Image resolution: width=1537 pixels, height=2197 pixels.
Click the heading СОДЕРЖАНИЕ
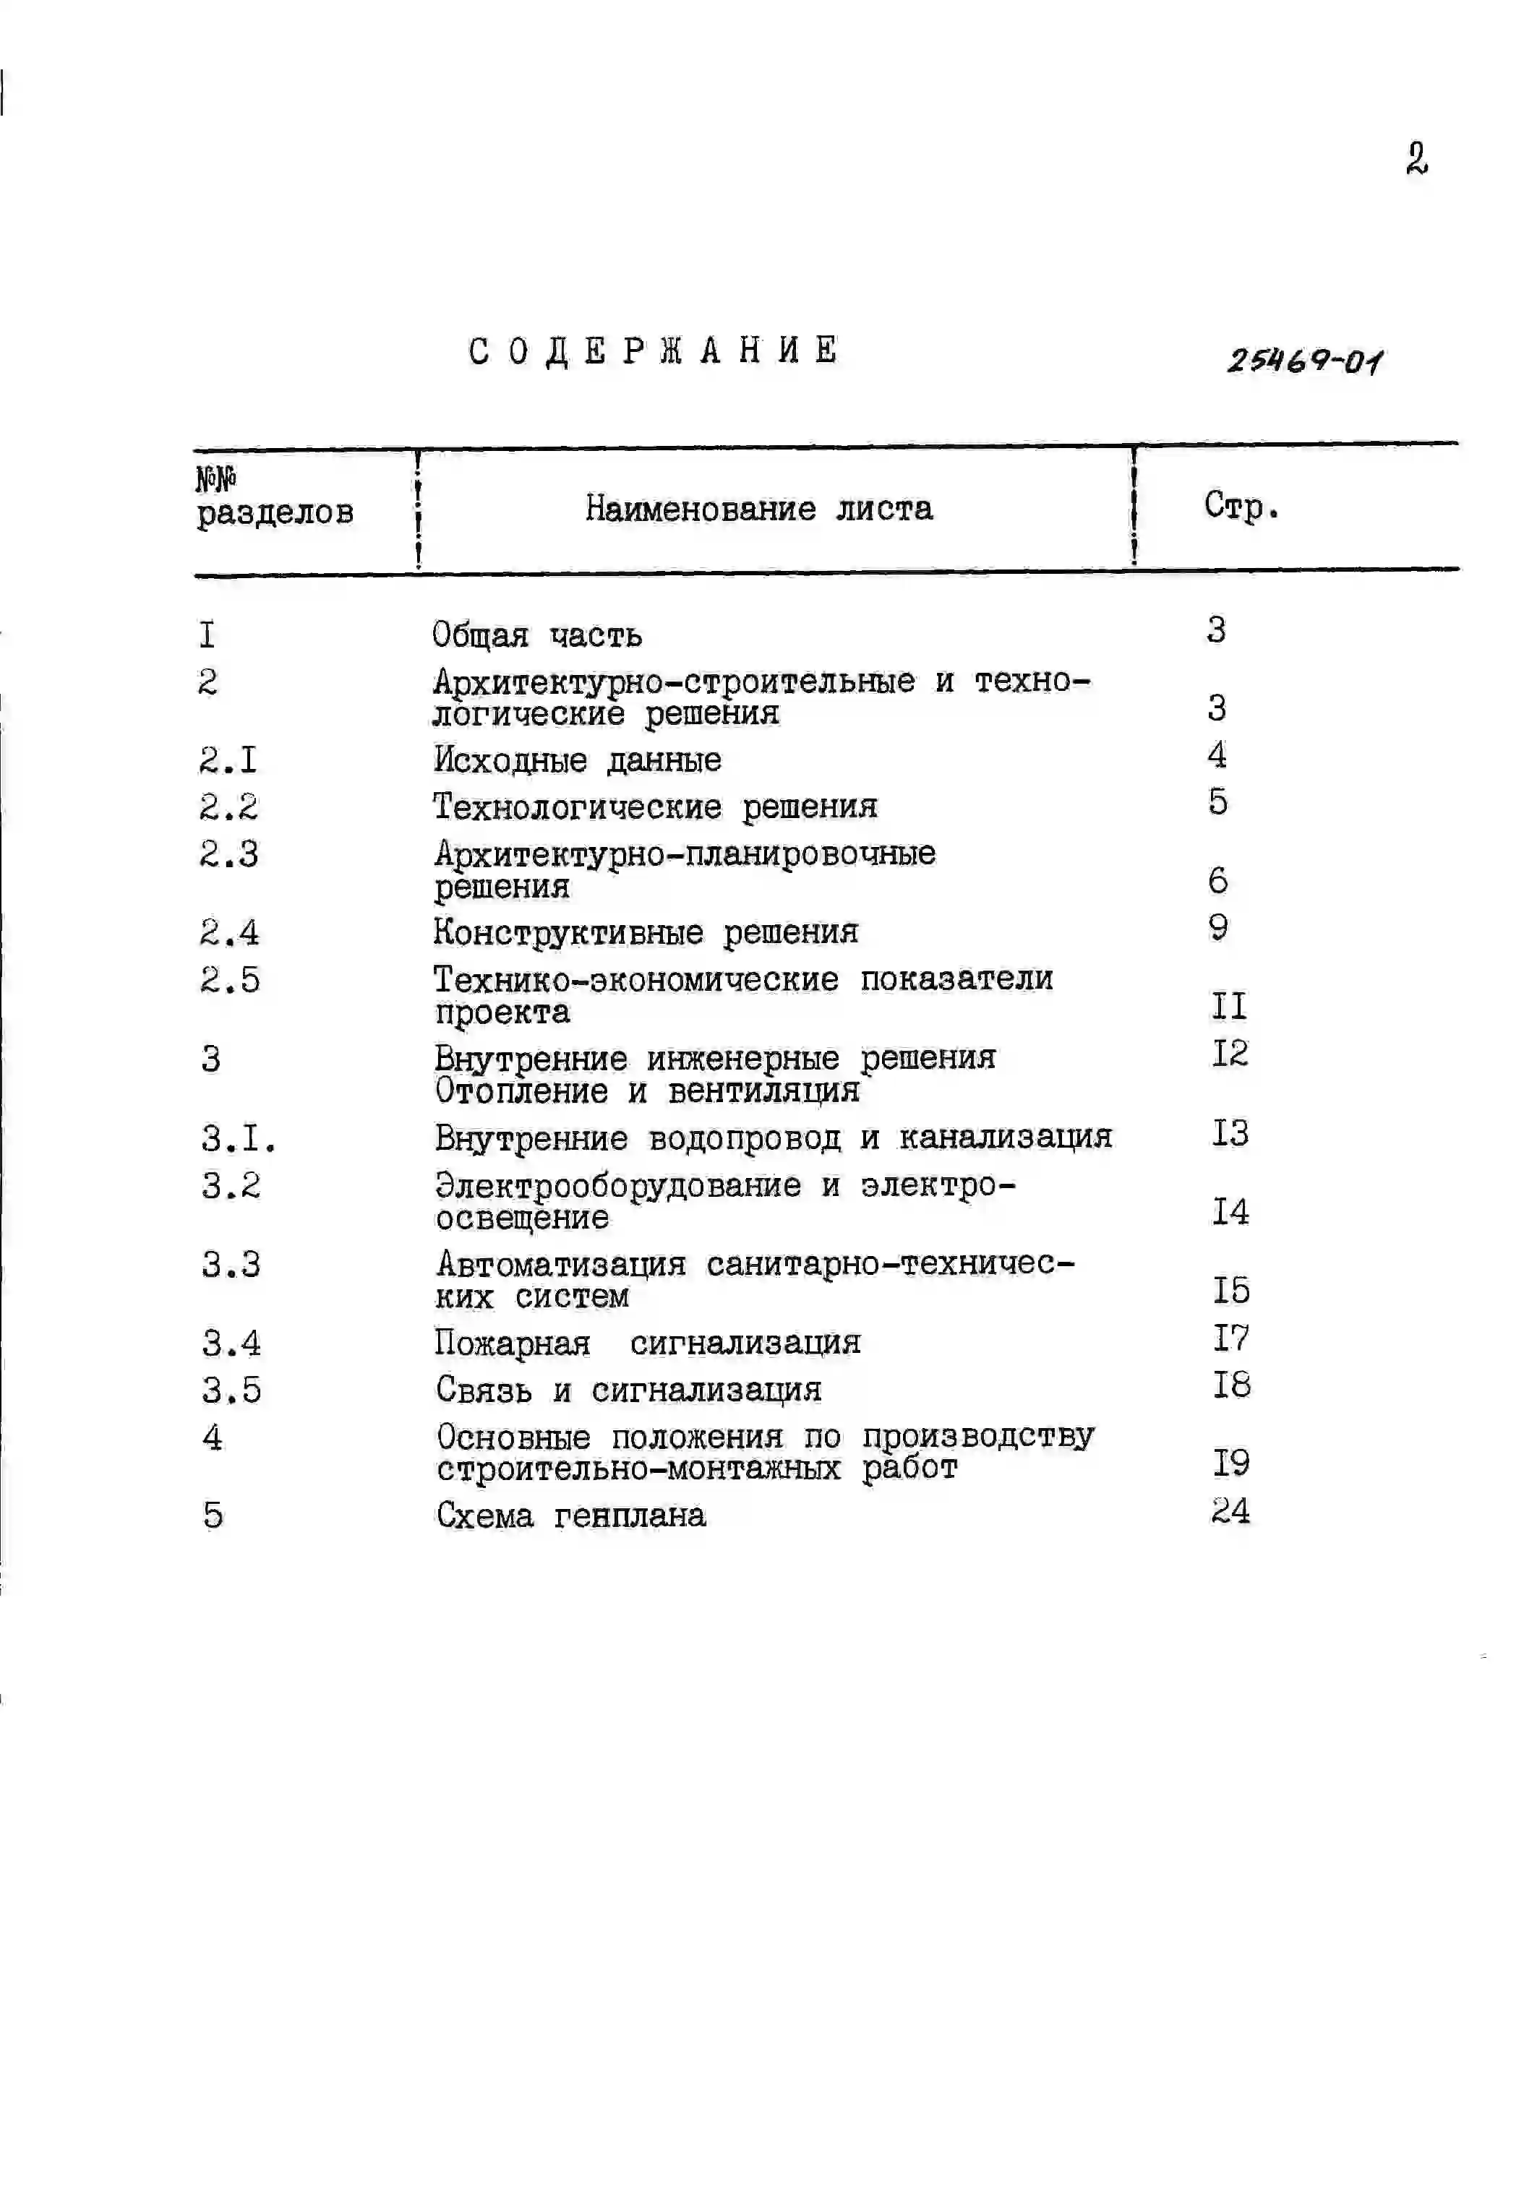point(654,351)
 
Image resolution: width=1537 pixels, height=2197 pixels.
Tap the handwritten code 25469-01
point(1304,361)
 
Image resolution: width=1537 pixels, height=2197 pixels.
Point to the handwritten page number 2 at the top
point(1416,159)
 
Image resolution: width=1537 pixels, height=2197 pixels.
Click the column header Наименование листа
point(759,508)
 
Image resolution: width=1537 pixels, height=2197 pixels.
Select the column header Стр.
point(1241,506)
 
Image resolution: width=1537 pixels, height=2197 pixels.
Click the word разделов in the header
point(275,513)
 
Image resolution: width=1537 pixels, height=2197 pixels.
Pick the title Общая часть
point(537,635)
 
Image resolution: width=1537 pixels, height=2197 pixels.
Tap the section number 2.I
point(228,760)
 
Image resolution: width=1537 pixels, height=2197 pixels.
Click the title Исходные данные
point(577,760)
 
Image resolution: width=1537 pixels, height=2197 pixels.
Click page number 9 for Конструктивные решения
point(1217,926)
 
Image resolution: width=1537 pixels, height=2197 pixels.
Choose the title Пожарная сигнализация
point(648,1343)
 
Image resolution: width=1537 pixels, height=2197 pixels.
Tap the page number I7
point(1230,1338)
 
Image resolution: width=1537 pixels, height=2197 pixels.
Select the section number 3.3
point(231,1265)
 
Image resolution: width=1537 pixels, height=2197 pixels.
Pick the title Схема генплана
point(571,1515)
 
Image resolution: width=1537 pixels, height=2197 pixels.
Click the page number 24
point(1230,1511)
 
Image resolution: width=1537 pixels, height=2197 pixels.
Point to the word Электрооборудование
point(618,1185)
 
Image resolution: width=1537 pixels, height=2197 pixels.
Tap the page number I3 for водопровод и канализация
point(1230,1133)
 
